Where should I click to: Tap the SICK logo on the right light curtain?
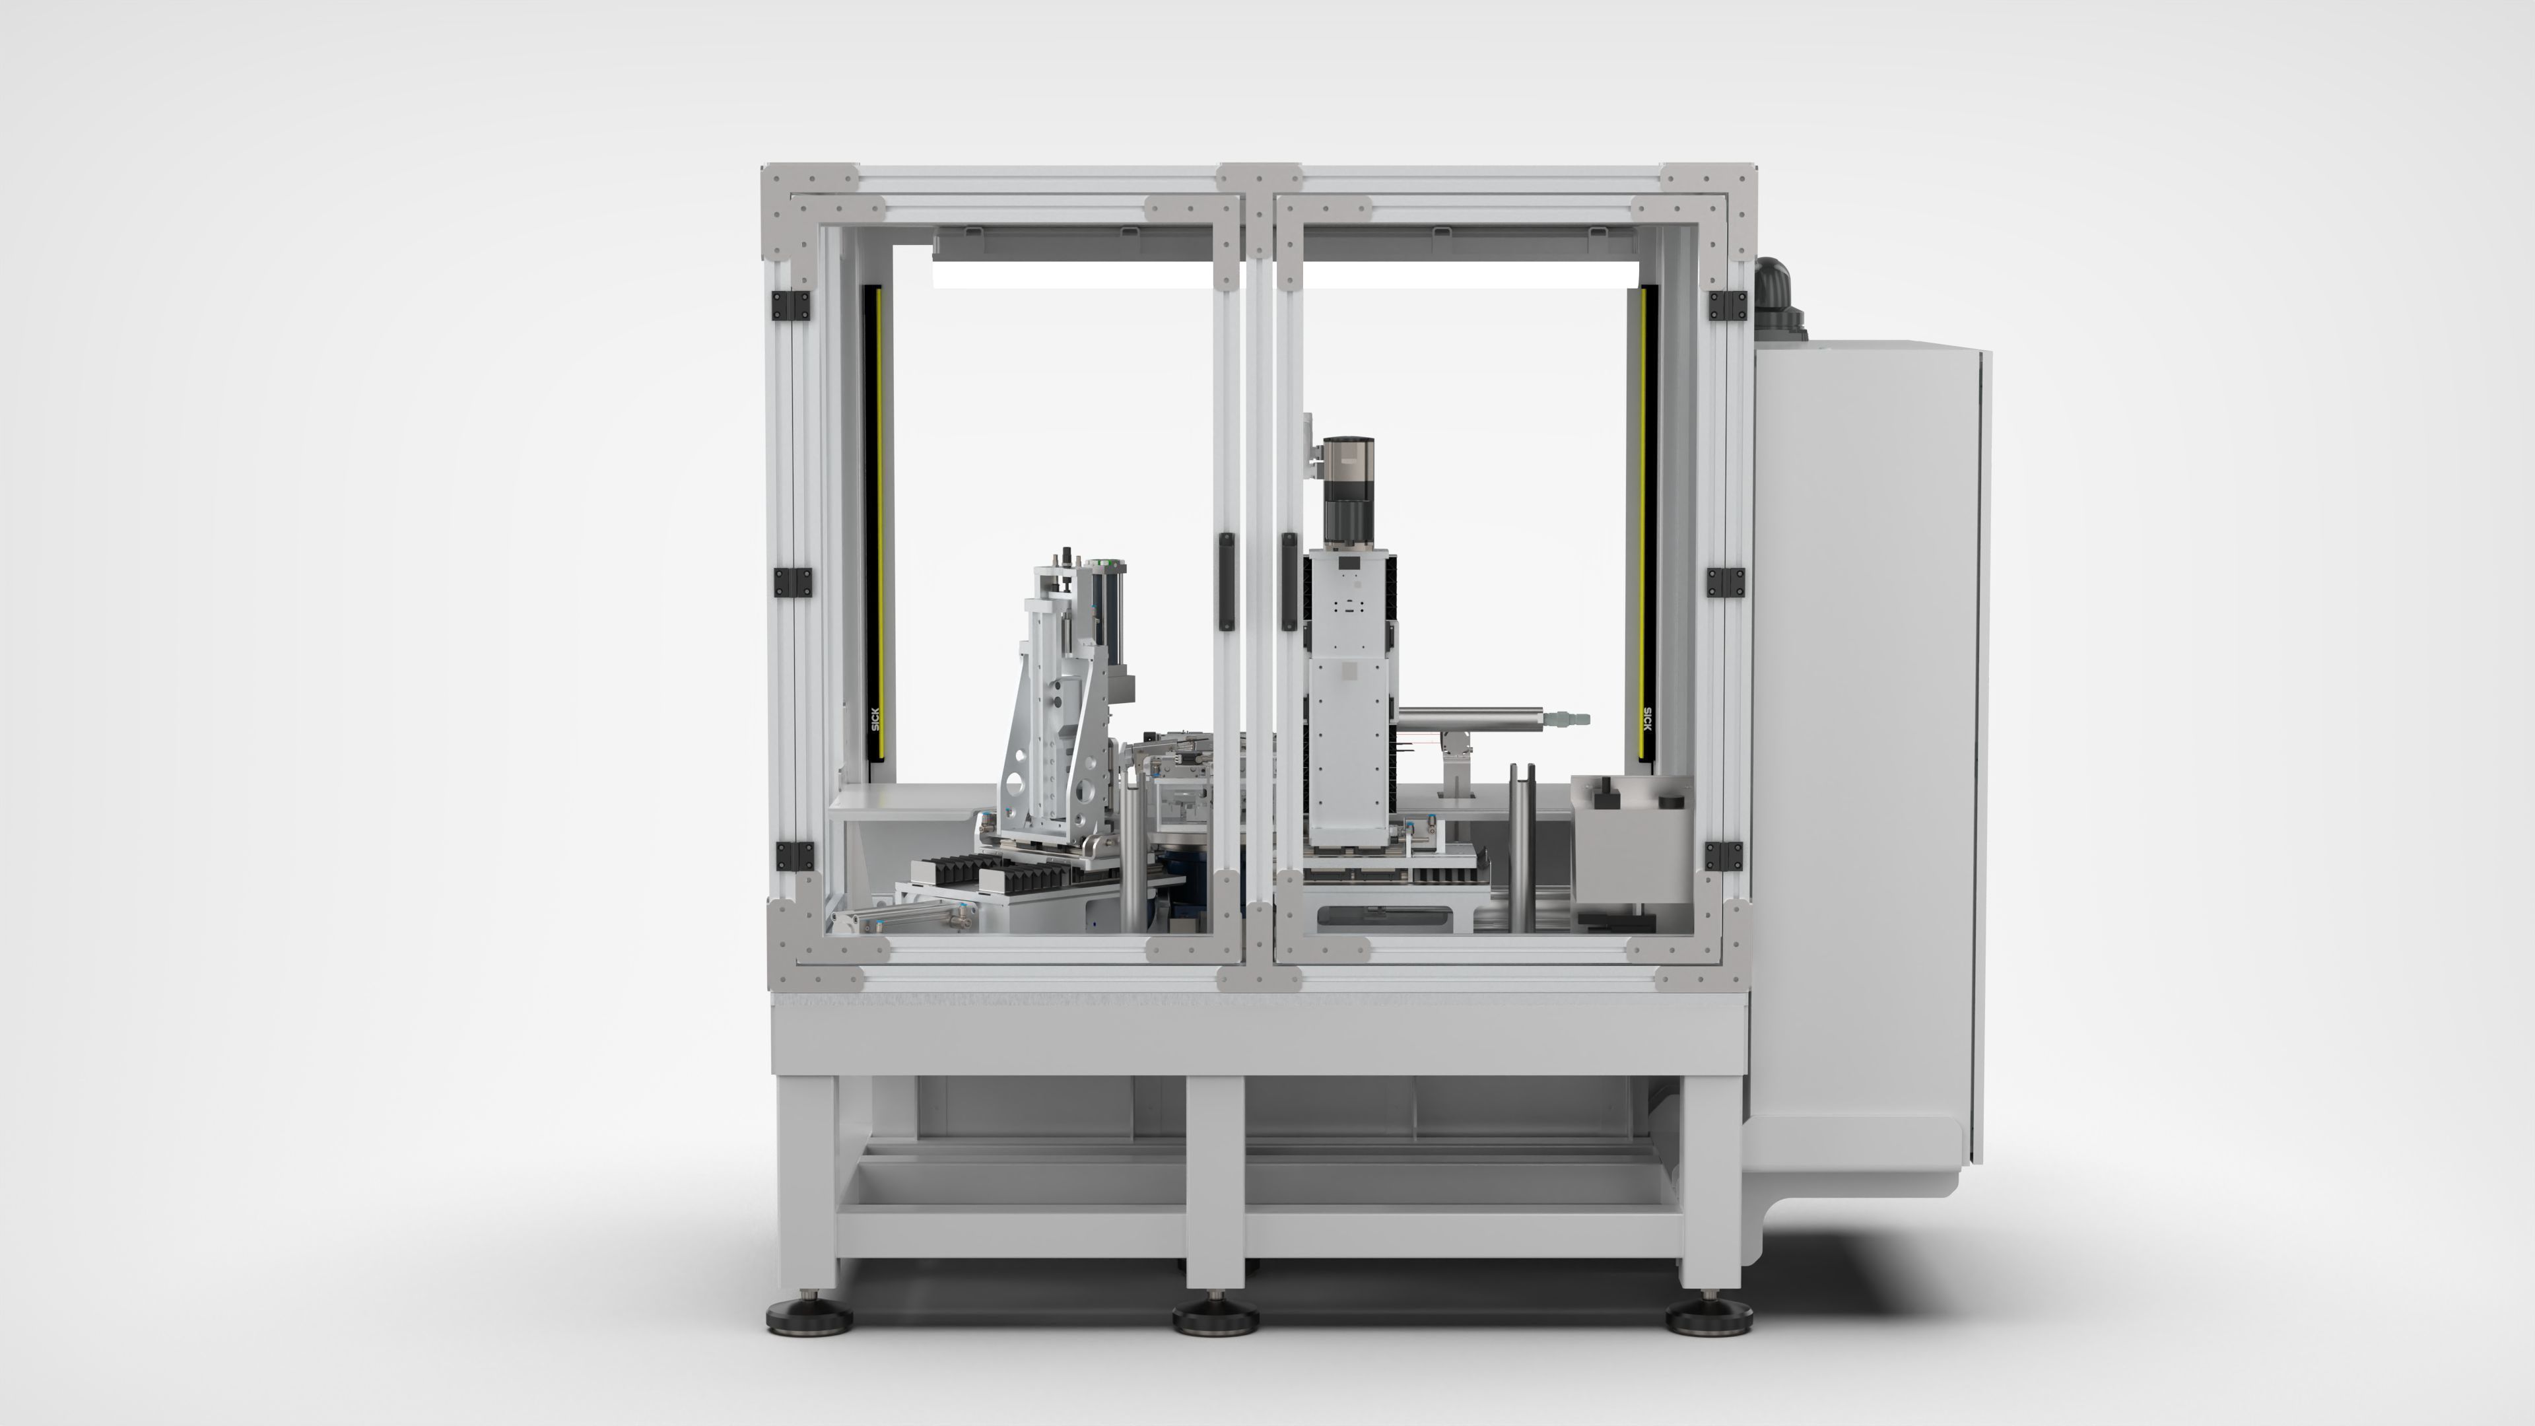click(1647, 720)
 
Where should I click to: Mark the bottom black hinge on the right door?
click(1723, 856)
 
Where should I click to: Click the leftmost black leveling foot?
click(805, 1315)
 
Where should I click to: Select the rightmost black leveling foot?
click(1708, 1315)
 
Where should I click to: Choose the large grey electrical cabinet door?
click(1865, 748)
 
